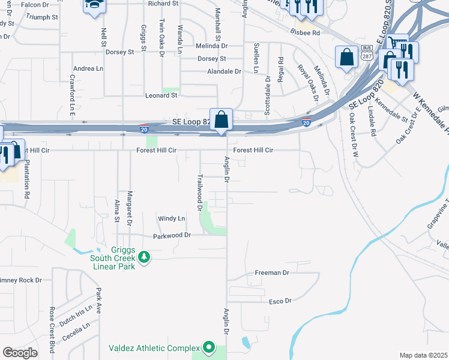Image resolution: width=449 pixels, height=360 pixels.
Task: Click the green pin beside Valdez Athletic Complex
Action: pos(209,347)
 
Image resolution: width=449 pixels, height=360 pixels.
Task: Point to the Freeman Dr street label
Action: pos(272,272)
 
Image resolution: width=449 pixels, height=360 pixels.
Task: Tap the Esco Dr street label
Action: pos(280,301)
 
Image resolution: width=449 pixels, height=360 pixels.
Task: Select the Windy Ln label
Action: pos(171,218)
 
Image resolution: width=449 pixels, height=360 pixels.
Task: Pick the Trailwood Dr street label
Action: pos(199,193)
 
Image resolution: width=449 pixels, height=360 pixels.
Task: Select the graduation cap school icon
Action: pos(94,5)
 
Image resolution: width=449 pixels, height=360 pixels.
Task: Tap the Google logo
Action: pos(20,353)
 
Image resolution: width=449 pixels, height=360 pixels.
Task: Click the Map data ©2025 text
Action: pos(423,355)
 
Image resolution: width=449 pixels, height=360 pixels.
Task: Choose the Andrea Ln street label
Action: pos(88,69)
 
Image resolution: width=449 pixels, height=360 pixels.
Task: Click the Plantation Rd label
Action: pos(27,179)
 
